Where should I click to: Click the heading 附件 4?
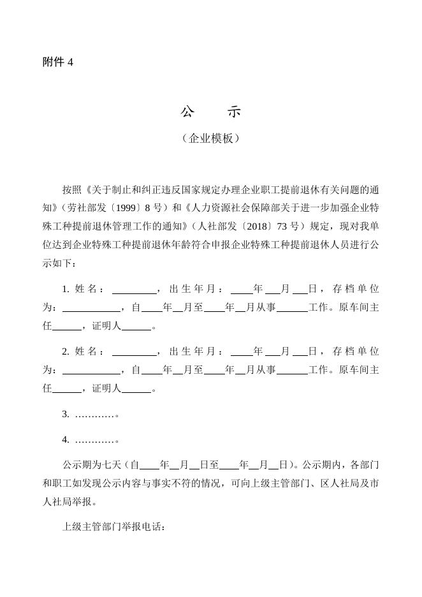pyautogui.click(x=58, y=63)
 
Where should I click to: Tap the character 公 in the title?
pyautogui.click(x=187, y=112)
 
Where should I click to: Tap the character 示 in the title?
pyautogui.click(x=234, y=112)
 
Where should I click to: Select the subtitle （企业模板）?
pyautogui.click(x=210, y=138)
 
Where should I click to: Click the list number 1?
pyautogui.click(x=66, y=289)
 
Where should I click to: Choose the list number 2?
pyautogui.click(x=66, y=351)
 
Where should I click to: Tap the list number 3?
pyautogui.click(x=66, y=414)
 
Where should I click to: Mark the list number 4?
pyautogui.click(x=66, y=439)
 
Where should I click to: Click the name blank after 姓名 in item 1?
pyautogui.click(x=134, y=289)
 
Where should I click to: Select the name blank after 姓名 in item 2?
pyautogui.click(x=134, y=351)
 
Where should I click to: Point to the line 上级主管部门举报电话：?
pyautogui.click(x=114, y=527)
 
